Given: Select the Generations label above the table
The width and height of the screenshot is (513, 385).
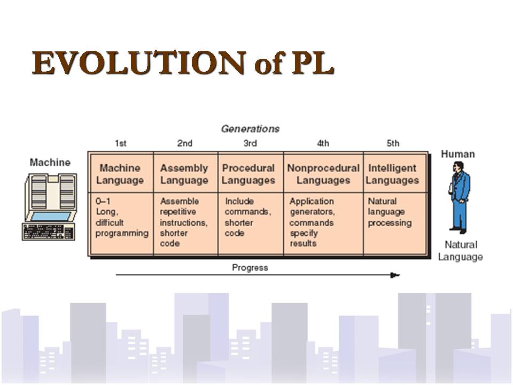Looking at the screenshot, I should (250, 129).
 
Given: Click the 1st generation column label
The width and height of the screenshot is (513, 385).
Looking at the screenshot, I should (121, 143).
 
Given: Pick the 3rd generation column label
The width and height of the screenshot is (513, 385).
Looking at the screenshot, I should (250, 143).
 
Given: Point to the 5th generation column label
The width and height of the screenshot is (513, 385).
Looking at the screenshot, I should (393, 143).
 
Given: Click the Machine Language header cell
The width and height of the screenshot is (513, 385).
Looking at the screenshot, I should (120, 174).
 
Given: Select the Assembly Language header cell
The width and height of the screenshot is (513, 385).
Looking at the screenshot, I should (184, 174).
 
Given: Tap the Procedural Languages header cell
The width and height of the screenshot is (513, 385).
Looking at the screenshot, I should (248, 174).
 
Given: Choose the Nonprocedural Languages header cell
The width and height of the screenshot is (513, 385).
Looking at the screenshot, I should (323, 174).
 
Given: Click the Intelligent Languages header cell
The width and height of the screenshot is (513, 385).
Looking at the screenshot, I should (392, 174).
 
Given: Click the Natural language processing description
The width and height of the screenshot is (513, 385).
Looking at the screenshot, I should (390, 212).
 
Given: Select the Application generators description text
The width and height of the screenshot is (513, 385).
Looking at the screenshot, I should (312, 206).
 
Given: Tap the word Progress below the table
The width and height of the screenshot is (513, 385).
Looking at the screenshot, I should (250, 267).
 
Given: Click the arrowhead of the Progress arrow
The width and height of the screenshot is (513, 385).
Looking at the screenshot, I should (395, 275).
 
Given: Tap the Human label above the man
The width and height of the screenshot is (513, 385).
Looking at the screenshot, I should (457, 154).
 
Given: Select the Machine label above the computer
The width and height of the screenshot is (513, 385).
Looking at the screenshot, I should (50, 163).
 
